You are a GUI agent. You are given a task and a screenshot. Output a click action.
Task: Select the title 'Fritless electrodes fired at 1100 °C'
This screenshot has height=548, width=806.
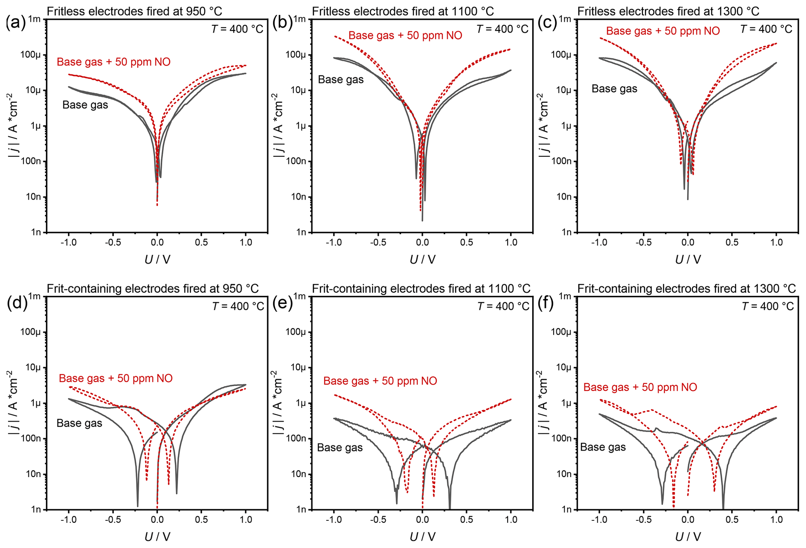(x=403, y=11)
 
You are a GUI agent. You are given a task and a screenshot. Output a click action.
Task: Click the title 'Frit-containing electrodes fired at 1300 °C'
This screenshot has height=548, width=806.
(x=686, y=288)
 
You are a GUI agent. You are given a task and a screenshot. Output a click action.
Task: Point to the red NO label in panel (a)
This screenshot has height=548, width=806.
(x=113, y=62)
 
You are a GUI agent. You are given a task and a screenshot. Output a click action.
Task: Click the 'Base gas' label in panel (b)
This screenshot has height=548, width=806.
(x=341, y=80)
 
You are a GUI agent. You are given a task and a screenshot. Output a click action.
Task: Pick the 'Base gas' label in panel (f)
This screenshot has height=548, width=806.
(x=603, y=447)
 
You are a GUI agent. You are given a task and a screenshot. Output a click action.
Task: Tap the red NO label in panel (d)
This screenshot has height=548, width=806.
(x=115, y=378)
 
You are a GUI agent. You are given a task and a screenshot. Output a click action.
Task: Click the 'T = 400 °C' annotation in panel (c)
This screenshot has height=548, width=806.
(x=766, y=29)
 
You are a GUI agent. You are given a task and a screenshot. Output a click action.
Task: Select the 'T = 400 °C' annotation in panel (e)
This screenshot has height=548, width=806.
(x=503, y=306)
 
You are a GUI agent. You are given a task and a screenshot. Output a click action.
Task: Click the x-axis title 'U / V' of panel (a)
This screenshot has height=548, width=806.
(x=157, y=260)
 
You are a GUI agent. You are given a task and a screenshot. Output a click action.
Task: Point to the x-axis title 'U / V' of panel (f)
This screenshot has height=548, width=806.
(x=688, y=537)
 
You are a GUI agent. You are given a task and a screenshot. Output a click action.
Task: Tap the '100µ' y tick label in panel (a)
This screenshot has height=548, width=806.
(x=32, y=55)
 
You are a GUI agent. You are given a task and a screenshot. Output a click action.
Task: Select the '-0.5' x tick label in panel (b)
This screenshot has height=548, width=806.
(x=377, y=242)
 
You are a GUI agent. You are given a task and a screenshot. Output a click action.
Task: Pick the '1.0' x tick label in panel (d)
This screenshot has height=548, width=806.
(x=246, y=520)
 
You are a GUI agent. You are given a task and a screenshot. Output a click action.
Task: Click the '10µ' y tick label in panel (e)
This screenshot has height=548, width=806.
(x=298, y=368)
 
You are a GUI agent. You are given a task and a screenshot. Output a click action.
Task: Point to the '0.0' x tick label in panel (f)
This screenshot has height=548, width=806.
(x=687, y=520)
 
